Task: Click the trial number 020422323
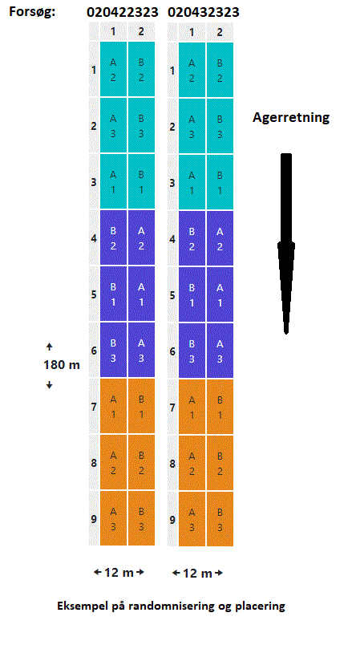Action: click(x=122, y=12)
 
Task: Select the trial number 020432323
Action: click(x=203, y=12)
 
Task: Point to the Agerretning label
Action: click(x=290, y=118)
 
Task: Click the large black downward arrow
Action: click(x=286, y=243)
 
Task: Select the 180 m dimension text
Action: click(x=62, y=365)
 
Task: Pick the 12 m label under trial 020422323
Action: click(x=119, y=572)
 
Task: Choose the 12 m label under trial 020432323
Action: click(x=198, y=573)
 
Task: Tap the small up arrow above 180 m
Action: click(x=50, y=347)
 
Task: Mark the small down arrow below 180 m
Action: click(x=50, y=384)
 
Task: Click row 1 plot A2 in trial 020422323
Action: click(x=113, y=69)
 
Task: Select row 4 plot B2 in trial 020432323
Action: click(x=192, y=238)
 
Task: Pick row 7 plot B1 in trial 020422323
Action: click(x=141, y=407)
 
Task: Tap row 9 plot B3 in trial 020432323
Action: click(x=220, y=519)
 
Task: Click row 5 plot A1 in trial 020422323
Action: click(x=141, y=294)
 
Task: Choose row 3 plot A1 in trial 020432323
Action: click(x=192, y=182)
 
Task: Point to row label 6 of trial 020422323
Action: click(x=94, y=351)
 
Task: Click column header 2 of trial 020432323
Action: click(x=220, y=32)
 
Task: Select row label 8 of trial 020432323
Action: click(x=172, y=464)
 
